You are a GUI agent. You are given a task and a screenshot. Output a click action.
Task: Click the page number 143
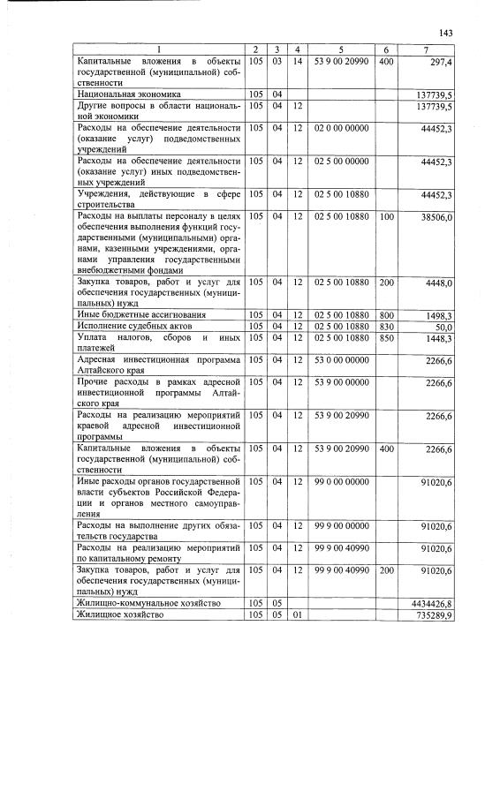coord(444,33)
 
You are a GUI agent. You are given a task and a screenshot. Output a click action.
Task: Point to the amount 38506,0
coord(437,216)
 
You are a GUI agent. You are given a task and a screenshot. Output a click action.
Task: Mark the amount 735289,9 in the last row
coord(434,615)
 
